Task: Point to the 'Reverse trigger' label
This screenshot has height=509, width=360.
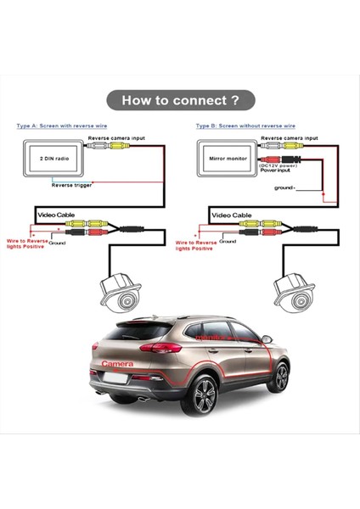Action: pos(71,184)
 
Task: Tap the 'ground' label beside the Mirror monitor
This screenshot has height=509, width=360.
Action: pos(284,187)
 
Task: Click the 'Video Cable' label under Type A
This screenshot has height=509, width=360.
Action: pos(55,215)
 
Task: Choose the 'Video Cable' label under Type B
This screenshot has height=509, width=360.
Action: pos(230,215)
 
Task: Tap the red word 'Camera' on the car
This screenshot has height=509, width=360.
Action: pos(117,363)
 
